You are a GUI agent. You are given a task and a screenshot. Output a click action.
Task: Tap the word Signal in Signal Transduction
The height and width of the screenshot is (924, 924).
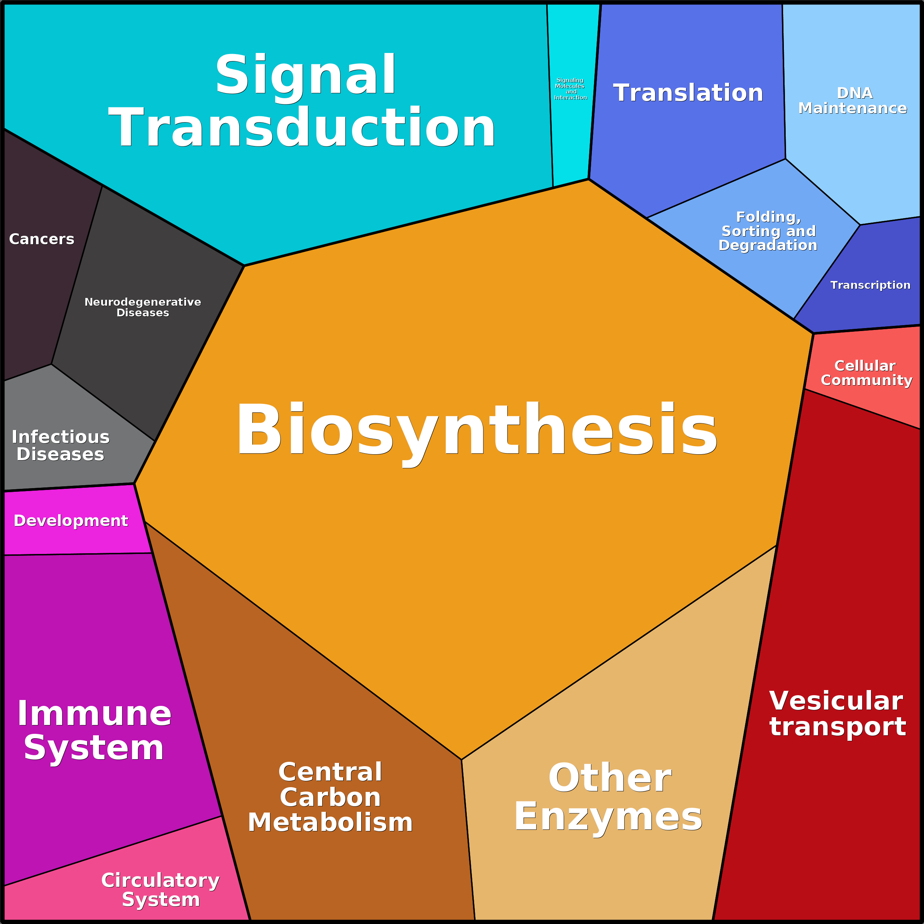pos(305,75)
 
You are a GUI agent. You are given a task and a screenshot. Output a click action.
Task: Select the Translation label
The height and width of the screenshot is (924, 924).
pos(688,93)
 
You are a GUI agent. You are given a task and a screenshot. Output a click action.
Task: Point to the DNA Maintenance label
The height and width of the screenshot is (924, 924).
pos(852,100)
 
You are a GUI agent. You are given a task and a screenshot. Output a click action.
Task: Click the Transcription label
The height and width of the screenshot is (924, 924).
pos(870,285)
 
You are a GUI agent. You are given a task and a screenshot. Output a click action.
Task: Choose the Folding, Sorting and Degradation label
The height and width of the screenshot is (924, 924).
pos(768,231)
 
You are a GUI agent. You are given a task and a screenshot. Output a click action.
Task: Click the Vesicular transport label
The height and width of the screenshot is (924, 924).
pos(837,714)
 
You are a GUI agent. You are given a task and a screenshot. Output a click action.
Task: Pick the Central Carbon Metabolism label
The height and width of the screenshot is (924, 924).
pos(330,797)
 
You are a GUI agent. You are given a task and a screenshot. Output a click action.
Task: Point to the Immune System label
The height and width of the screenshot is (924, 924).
pos(94,730)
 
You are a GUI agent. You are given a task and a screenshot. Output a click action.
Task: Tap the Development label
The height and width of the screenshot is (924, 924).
pos(71,520)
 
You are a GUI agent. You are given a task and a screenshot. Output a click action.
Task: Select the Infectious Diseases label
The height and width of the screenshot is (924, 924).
pos(60,445)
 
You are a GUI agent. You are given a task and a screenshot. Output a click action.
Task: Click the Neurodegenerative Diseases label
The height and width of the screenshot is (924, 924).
pos(142,307)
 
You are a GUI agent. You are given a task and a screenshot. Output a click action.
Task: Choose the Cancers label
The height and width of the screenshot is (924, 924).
pos(42,239)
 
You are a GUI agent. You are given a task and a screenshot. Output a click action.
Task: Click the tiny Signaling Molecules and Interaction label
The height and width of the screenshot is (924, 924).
pos(570,89)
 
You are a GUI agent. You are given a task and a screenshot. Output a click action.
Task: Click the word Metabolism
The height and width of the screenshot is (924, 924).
pos(330,822)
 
